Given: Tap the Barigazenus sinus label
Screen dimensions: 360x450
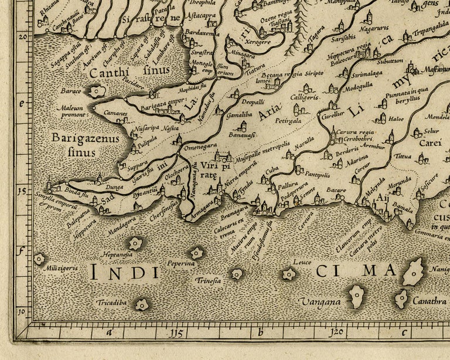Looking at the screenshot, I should pos(85,145).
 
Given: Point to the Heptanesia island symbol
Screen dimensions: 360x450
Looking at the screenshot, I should pos(136,243).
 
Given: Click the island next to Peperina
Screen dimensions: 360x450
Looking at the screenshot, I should pos(196,253).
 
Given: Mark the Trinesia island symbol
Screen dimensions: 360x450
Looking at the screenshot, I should pos(236,274).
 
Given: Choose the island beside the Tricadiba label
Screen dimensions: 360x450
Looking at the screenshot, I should pos(142,304).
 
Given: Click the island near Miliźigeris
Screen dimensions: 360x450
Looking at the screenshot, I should pos(39,258).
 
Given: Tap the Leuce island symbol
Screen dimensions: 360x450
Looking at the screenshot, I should pos(288,274).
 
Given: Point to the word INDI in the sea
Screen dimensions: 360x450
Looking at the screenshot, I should pos(124,272).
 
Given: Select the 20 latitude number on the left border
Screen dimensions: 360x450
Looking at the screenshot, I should pos(23,35).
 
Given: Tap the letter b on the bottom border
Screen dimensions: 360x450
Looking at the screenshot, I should pos(260,333).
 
